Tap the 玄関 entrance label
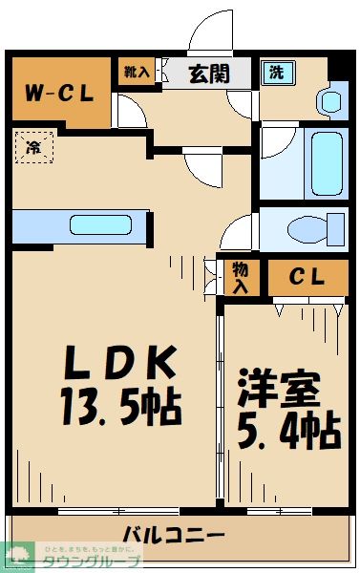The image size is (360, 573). (206, 74)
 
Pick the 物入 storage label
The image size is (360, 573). (241, 278)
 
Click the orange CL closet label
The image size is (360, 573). (307, 278)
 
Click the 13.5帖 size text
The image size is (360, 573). (122, 409)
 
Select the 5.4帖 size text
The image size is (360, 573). (286, 432)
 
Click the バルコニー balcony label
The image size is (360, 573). (173, 533)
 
